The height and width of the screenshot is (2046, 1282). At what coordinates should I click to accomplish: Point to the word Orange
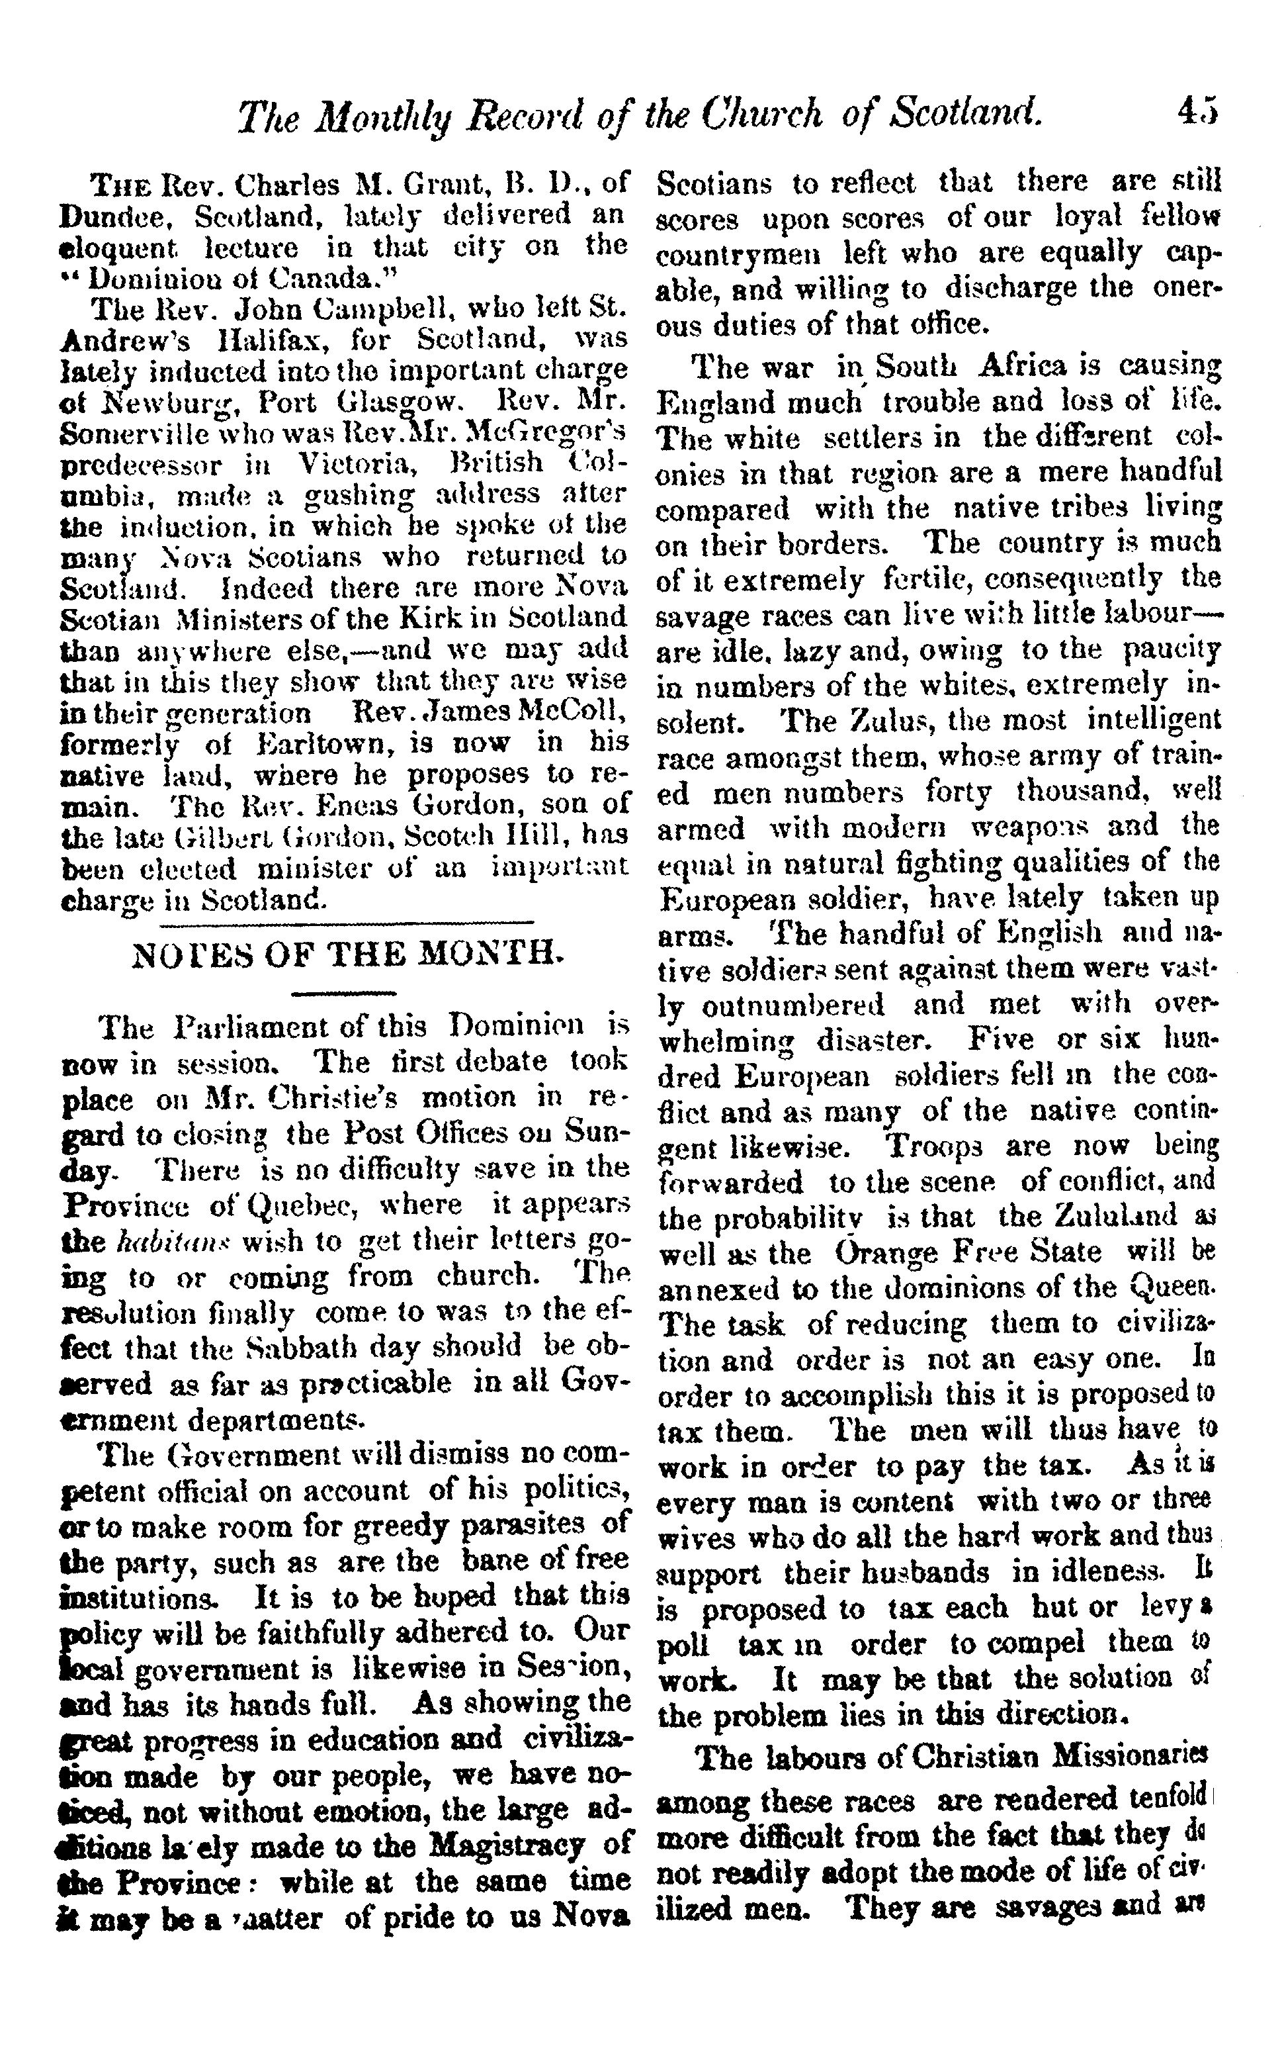[x=890, y=1253]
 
